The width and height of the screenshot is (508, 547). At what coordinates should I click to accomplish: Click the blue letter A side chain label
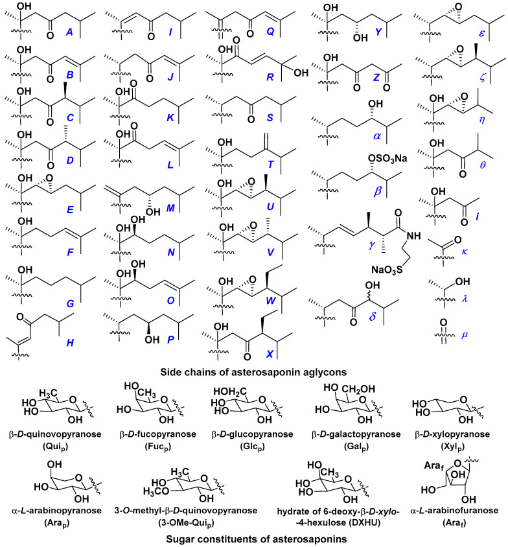pos(69,32)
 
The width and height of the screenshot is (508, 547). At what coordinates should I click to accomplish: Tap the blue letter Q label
pos(270,32)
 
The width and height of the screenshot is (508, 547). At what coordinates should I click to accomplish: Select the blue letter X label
pos(270,354)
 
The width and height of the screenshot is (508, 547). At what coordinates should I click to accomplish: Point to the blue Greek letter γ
pos(372,245)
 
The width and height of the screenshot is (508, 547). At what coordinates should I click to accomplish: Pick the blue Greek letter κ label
pos(465,251)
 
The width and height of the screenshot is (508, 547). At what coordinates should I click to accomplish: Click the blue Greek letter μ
pos(465,335)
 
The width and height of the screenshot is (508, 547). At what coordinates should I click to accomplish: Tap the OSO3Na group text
pos(387,159)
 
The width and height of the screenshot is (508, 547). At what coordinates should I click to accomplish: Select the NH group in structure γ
pos(413,236)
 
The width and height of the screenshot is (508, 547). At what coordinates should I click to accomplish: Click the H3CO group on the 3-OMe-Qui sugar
pos(156,491)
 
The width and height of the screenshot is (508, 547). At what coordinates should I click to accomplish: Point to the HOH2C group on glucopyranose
pos(230,392)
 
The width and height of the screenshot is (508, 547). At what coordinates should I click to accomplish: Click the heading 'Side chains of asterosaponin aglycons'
pos(253,372)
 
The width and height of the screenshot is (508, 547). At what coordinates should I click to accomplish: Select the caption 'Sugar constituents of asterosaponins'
pos(256,539)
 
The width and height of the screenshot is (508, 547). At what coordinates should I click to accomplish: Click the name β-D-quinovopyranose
pos(55,435)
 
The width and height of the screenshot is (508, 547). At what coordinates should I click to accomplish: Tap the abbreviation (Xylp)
pos(452,447)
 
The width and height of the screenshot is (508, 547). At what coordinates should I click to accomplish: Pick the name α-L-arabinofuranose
pos(454,511)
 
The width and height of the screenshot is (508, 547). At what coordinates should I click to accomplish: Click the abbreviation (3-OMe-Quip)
pos(186,523)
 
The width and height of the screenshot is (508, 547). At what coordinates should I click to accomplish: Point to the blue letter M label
pos(170,208)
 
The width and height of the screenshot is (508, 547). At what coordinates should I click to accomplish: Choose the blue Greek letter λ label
pos(465,299)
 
